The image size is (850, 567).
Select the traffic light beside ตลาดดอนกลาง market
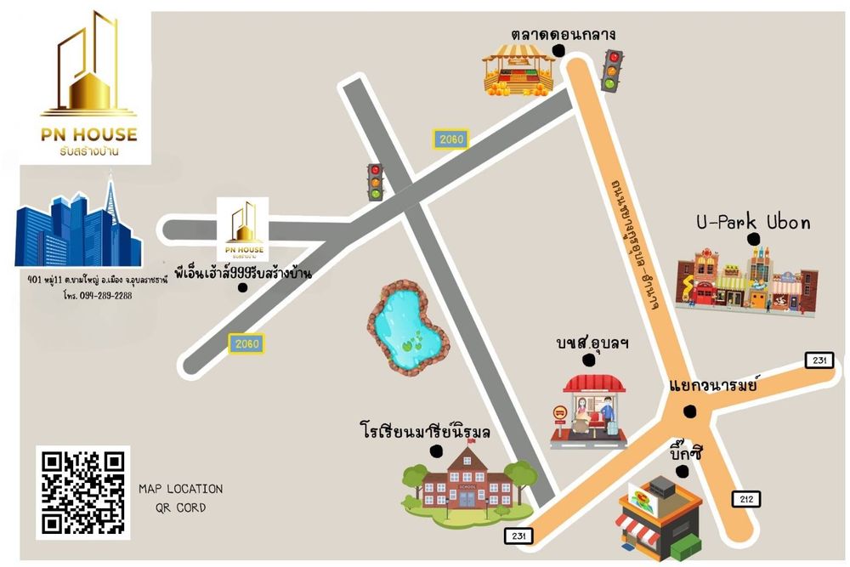click(x=610, y=71)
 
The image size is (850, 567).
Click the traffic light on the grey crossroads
click(x=375, y=181)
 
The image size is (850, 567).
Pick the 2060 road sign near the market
click(x=451, y=139)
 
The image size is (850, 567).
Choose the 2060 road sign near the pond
click(x=246, y=343)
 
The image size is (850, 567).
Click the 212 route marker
click(x=745, y=499)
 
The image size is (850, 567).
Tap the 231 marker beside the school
click(x=518, y=536)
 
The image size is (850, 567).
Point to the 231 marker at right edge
click(x=818, y=360)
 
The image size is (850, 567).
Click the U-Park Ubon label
click(x=752, y=224)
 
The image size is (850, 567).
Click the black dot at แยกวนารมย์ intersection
click(x=689, y=413)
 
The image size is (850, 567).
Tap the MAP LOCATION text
click(x=180, y=489)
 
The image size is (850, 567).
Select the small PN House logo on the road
click(x=243, y=229)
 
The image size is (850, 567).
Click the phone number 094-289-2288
click(x=95, y=296)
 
